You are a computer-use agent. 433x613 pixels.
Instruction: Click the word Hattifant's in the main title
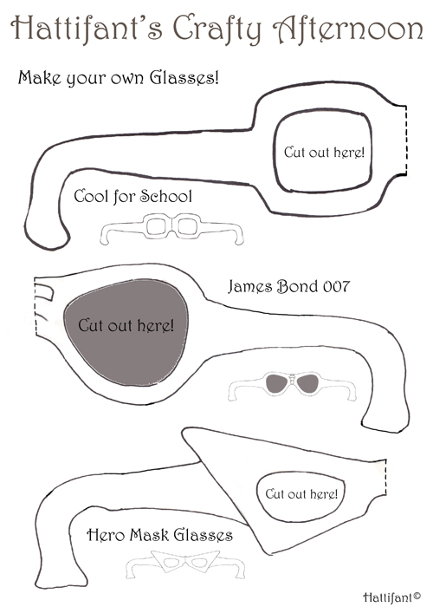(87, 28)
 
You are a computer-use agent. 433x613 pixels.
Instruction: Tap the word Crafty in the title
(217, 29)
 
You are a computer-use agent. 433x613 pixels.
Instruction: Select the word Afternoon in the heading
(347, 29)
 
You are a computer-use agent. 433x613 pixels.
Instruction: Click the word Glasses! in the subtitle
(184, 77)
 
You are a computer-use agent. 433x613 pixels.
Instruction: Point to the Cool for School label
(133, 196)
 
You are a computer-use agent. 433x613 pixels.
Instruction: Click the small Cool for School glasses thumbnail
(171, 229)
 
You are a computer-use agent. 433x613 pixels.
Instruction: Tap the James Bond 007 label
(288, 287)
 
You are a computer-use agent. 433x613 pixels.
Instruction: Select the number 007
(336, 287)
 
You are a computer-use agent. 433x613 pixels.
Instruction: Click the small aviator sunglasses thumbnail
(292, 386)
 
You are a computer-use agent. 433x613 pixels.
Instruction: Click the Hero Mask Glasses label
(159, 534)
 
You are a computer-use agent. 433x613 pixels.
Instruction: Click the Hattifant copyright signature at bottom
(391, 597)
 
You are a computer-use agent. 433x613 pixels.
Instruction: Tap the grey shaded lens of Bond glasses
(126, 332)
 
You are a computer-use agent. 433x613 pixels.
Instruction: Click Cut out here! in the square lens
(324, 152)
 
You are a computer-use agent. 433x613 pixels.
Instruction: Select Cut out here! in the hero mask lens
(301, 493)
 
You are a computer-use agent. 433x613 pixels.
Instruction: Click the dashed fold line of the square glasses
(405, 140)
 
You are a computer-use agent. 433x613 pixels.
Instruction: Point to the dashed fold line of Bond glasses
(36, 307)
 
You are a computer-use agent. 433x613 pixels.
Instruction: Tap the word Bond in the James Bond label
(297, 287)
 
